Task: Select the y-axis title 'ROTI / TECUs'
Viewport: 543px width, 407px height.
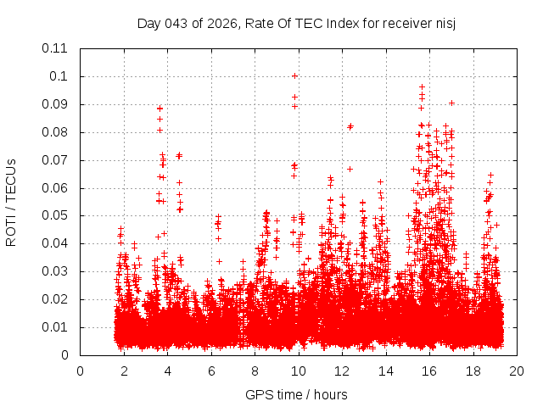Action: (x=11, y=202)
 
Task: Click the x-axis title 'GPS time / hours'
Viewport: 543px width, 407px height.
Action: (x=297, y=394)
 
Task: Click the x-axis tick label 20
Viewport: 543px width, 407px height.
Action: (x=517, y=371)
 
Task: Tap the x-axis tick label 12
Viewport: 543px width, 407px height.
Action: (x=342, y=371)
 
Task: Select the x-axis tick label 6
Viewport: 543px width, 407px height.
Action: (x=211, y=371)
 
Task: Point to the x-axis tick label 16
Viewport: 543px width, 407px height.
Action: (x=429, y=371)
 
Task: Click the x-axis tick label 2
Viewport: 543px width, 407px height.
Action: (x=124, y=371)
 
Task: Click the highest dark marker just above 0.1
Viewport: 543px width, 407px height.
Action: (x=294, y=75)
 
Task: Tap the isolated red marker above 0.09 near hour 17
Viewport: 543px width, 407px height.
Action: (x=451, y=103)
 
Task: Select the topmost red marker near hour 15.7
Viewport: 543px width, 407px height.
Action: (x=422, y=86)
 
